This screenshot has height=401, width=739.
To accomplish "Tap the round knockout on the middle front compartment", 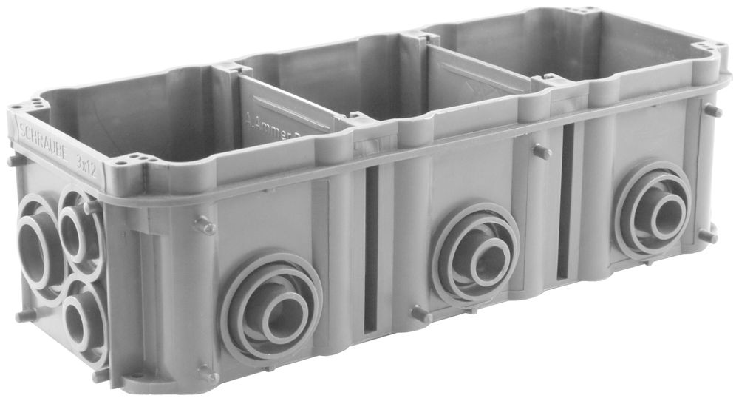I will pos(477,256).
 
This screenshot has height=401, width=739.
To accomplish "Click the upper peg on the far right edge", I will pos(712,111).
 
